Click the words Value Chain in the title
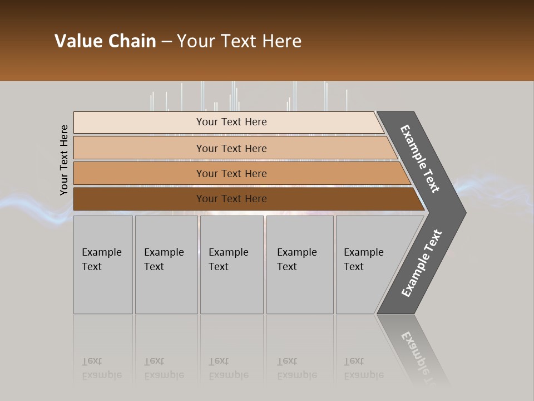pyautogui.click(x=105, y=41)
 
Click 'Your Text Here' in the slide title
pyautogui.click(x=239, y=41)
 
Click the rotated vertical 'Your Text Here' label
pyautogui.click(x=64, y=160)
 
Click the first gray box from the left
pyautogui.click(x=103, y=265)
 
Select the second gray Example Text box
pyautogui.click(x=166, y=265)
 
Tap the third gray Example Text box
pyautogui.click(x=231, y=265)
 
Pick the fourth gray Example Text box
pyautogui.click(x=299, y=265)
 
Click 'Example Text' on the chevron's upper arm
pyautogui.click(x=420, y=159)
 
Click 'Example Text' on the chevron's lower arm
pyautogui.click(x=421, y=263)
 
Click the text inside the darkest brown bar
pyautogui.click(x=231, y=199)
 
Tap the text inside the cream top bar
pyautogui.click(x=231, y=122)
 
